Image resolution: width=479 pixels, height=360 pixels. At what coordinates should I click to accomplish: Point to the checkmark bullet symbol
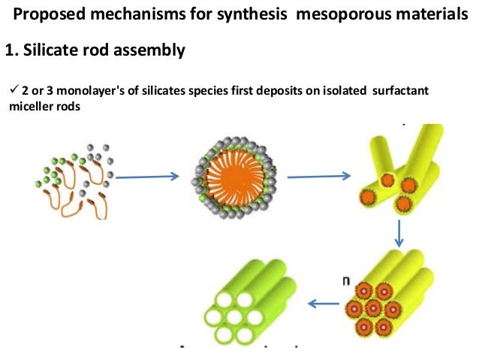pos(11,91)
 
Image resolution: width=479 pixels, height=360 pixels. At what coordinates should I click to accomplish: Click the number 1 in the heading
pos(8,51)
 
